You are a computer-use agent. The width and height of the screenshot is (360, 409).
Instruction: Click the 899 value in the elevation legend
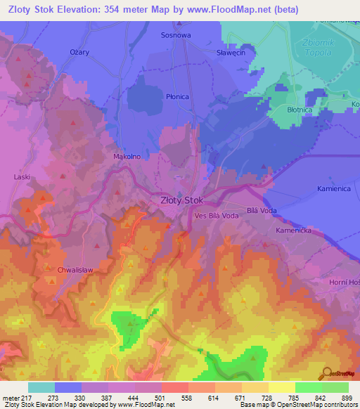(x=347, y=398)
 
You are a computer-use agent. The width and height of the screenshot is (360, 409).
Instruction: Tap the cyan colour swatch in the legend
(x=41, y=387)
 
